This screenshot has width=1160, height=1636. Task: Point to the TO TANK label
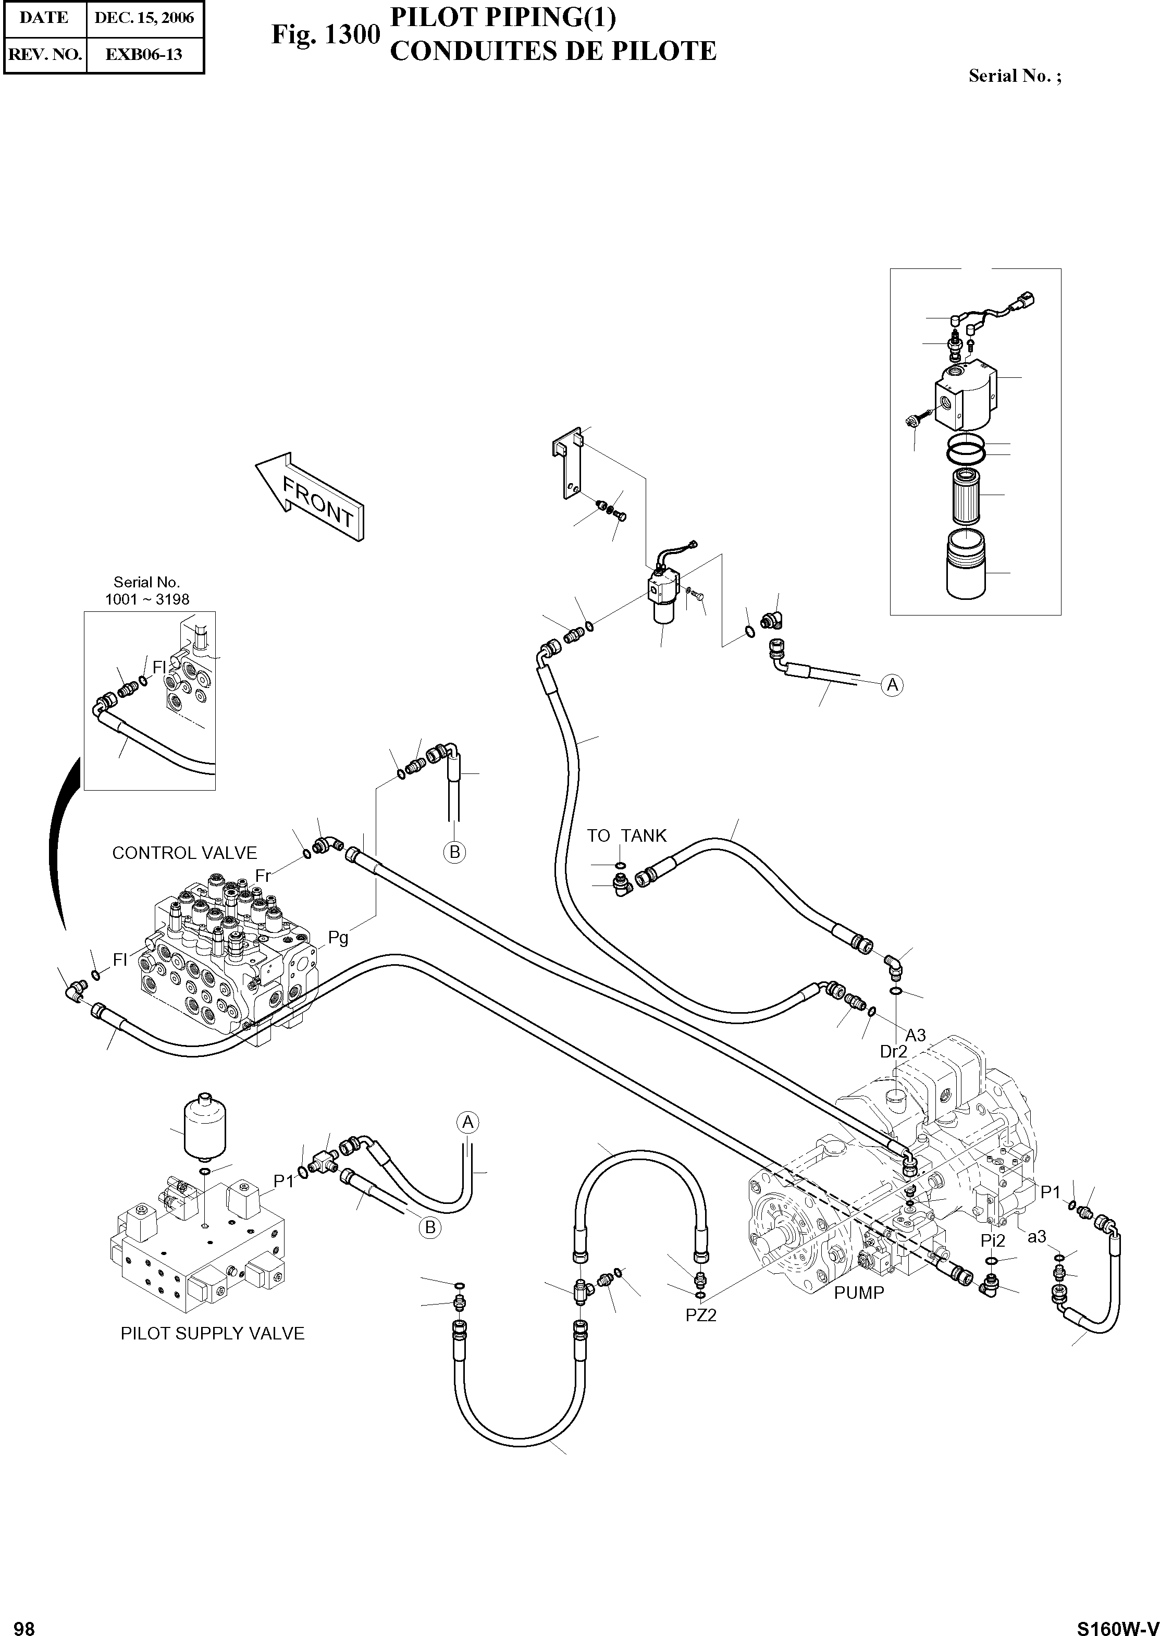click(626, 836)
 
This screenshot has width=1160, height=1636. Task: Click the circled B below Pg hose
click(454, 852)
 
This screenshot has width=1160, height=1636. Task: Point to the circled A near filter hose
click(892, 685)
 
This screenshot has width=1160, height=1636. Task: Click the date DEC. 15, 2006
click(144, 18)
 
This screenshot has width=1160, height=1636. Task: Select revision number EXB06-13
click(144, 54)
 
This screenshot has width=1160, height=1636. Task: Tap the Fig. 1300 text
click(325, 34)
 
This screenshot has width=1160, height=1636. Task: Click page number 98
click(24, 1623)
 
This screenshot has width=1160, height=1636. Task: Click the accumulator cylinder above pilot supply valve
click(205, 1129)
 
